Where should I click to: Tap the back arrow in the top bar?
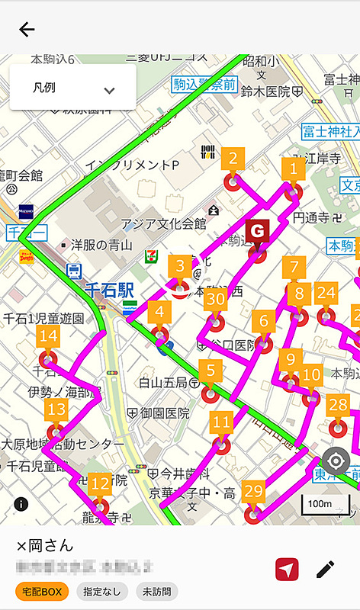pos(27,30)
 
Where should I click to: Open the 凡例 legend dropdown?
pos(73,88)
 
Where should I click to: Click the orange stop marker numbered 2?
pos(233,162)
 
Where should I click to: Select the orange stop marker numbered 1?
pos(293,170)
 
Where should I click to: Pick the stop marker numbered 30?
pos(215,301)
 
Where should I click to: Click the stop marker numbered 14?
pos(48,338)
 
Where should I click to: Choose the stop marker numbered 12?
pos(100,485)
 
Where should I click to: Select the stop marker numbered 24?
pos(326,294)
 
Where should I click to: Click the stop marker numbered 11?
pos(222,424)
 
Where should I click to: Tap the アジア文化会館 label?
pos(164,224)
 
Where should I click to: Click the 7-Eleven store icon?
pos(154,257)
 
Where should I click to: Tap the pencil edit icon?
pos(326,569)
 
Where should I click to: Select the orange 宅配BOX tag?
pos(42,590)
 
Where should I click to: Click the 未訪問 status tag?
pos(157,590)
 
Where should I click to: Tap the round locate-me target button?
pos(336,462)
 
